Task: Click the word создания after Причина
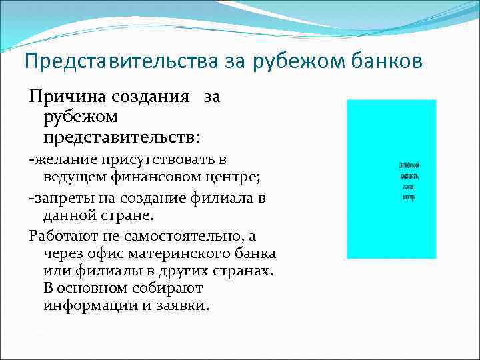153,98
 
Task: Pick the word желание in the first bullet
66,159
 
